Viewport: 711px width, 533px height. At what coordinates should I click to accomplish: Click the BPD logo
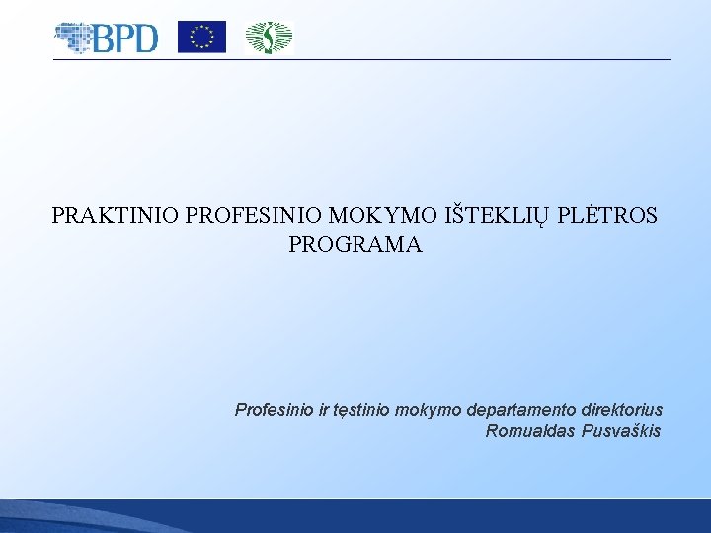tap(107, 38)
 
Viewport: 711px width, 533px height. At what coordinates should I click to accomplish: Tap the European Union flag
tap(201, 38)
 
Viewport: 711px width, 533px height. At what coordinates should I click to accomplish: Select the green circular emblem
tap(269, 38)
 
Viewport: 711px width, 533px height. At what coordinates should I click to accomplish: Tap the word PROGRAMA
tap(355, 245)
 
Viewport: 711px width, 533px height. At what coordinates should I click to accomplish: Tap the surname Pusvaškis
tap(622, 431)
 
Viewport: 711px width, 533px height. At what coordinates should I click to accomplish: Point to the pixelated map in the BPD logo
tap(73, 38)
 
